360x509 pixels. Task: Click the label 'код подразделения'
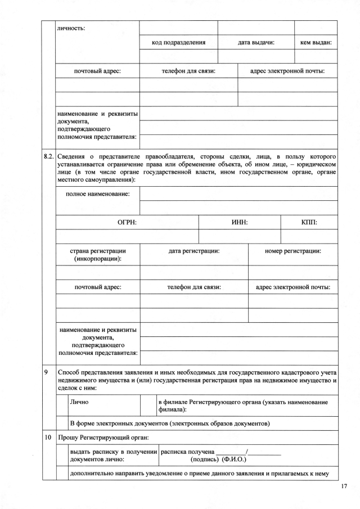coord(178,43)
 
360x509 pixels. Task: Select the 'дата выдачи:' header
coord(256,43)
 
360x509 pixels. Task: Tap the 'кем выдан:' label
coord(316,43)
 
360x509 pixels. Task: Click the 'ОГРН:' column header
coord(127,223)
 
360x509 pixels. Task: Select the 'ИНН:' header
coord(240,223)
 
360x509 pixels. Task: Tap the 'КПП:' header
coord(309,223)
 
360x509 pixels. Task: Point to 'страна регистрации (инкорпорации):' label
coord(98,255)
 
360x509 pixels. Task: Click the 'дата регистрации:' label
coord(194,251)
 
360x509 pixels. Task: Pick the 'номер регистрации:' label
coord(293,251)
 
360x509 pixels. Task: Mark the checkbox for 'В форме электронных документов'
coord(62,423)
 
